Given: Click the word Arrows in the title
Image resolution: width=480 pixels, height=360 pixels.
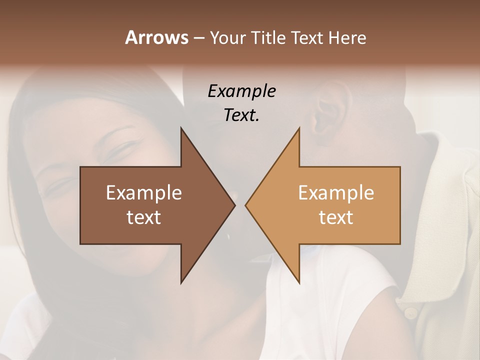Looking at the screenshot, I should click(x=156, y=37).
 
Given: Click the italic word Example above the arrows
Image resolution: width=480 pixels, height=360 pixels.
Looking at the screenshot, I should click(x=241, y=91).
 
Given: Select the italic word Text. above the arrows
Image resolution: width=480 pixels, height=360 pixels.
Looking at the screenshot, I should click(x=241, y=115).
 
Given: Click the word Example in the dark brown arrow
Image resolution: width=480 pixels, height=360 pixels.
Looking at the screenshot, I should click(x=144, y=193).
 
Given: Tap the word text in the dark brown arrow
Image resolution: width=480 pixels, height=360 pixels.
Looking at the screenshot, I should click(x=144, y=217).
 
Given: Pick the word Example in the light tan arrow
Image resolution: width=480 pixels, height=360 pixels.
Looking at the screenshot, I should click(x=336, y=193).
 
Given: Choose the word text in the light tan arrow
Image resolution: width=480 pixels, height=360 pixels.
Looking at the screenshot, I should click(x=336, y=217).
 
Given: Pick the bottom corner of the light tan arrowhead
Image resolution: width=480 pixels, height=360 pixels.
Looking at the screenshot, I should click(x=299, y=282).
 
